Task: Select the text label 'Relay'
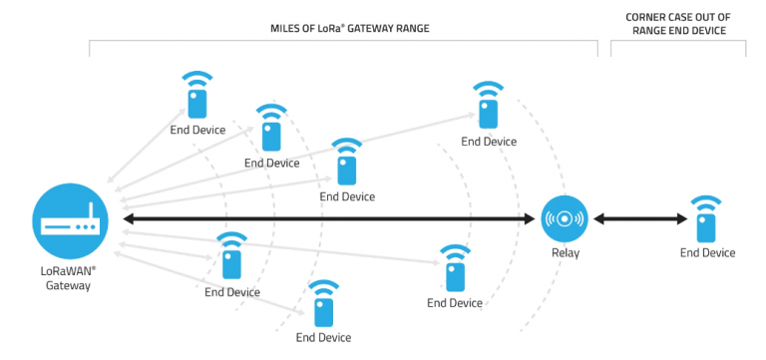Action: coord(564,252)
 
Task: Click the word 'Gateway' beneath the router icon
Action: coord(68,285)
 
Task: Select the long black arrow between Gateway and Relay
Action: coord(329,219)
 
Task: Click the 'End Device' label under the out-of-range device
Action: coord(707,253)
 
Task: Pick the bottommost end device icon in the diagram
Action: coord(323,311)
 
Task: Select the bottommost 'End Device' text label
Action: coord(323,338)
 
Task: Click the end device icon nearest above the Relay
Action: coord(488,113)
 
